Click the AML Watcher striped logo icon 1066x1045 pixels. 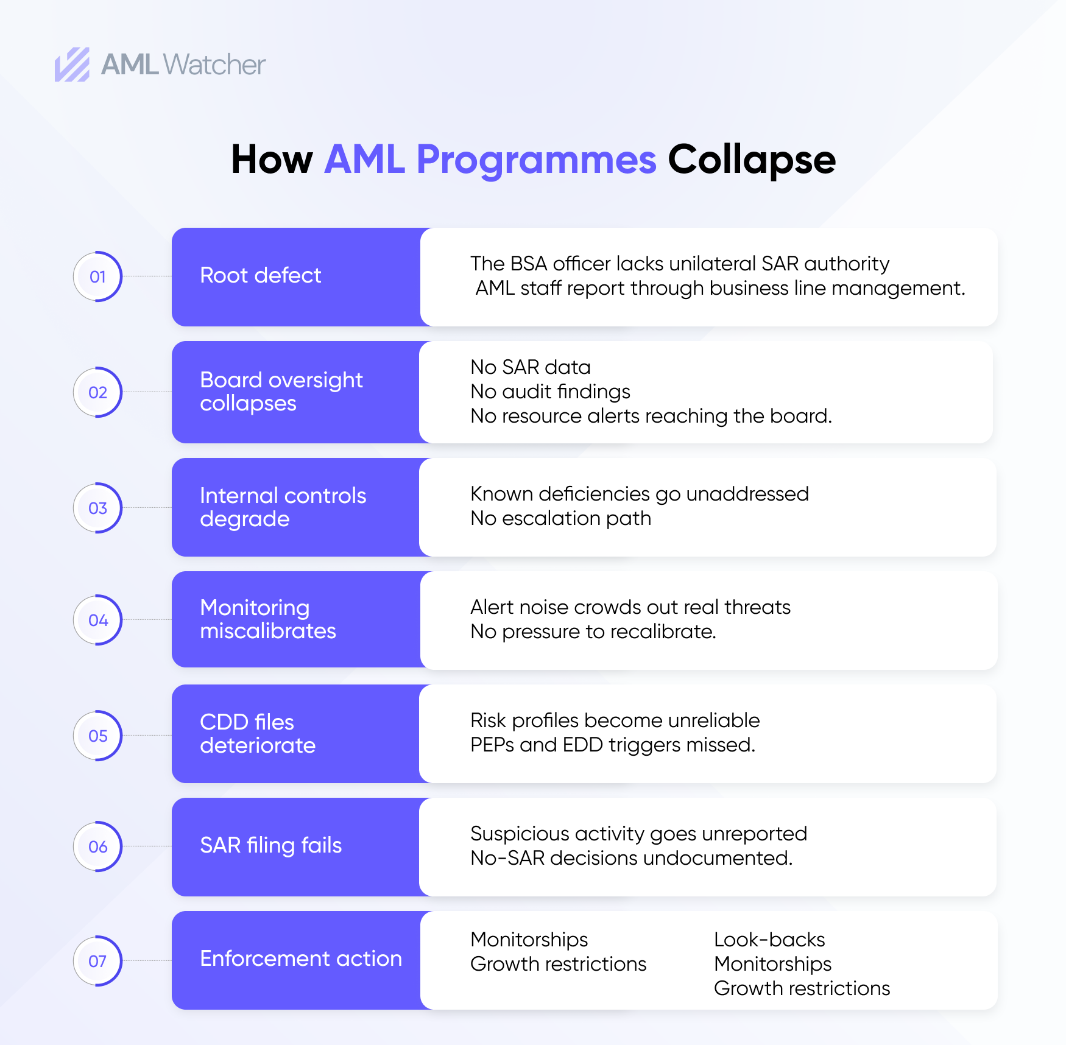72,65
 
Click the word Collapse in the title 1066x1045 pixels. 752,160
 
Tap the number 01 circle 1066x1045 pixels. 97,276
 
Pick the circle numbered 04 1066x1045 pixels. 97,620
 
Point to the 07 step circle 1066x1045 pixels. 97,961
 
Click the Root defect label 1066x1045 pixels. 260,275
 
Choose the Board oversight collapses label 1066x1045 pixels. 281,392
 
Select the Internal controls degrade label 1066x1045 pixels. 283,507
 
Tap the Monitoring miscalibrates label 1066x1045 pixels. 268,619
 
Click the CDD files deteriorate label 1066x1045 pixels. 258,734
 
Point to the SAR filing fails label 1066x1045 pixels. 271,845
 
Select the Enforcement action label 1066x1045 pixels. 301,959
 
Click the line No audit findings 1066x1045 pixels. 550,392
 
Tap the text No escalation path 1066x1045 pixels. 560,518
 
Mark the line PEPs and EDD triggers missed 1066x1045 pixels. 612,745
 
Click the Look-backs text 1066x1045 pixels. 769,940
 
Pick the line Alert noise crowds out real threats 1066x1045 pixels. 630,607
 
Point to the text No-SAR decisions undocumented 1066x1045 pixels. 631,858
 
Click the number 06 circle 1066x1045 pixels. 97,846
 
